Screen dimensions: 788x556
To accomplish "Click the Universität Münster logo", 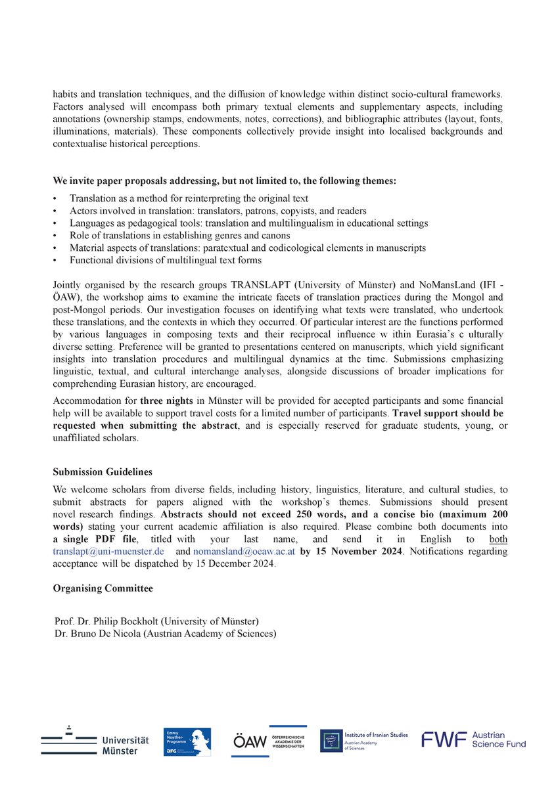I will (x=95, y=741).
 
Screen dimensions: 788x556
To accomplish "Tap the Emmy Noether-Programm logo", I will (x=187, y=741).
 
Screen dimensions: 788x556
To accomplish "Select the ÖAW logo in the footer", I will (x=269, y=741).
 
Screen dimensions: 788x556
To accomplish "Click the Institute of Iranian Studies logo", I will (x=363, y=740).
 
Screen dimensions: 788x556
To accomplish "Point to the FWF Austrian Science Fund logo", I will (x=473, y=739).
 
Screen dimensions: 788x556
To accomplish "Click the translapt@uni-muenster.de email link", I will (x=108, y=552).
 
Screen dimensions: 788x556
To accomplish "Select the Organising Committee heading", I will (x=103, y=588).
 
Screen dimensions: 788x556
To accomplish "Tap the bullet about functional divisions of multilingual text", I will (x=165, y=260).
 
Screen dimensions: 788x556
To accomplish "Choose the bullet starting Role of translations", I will (x=179, y=235).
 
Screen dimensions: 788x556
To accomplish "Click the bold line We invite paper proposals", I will (x=224, y=181).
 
